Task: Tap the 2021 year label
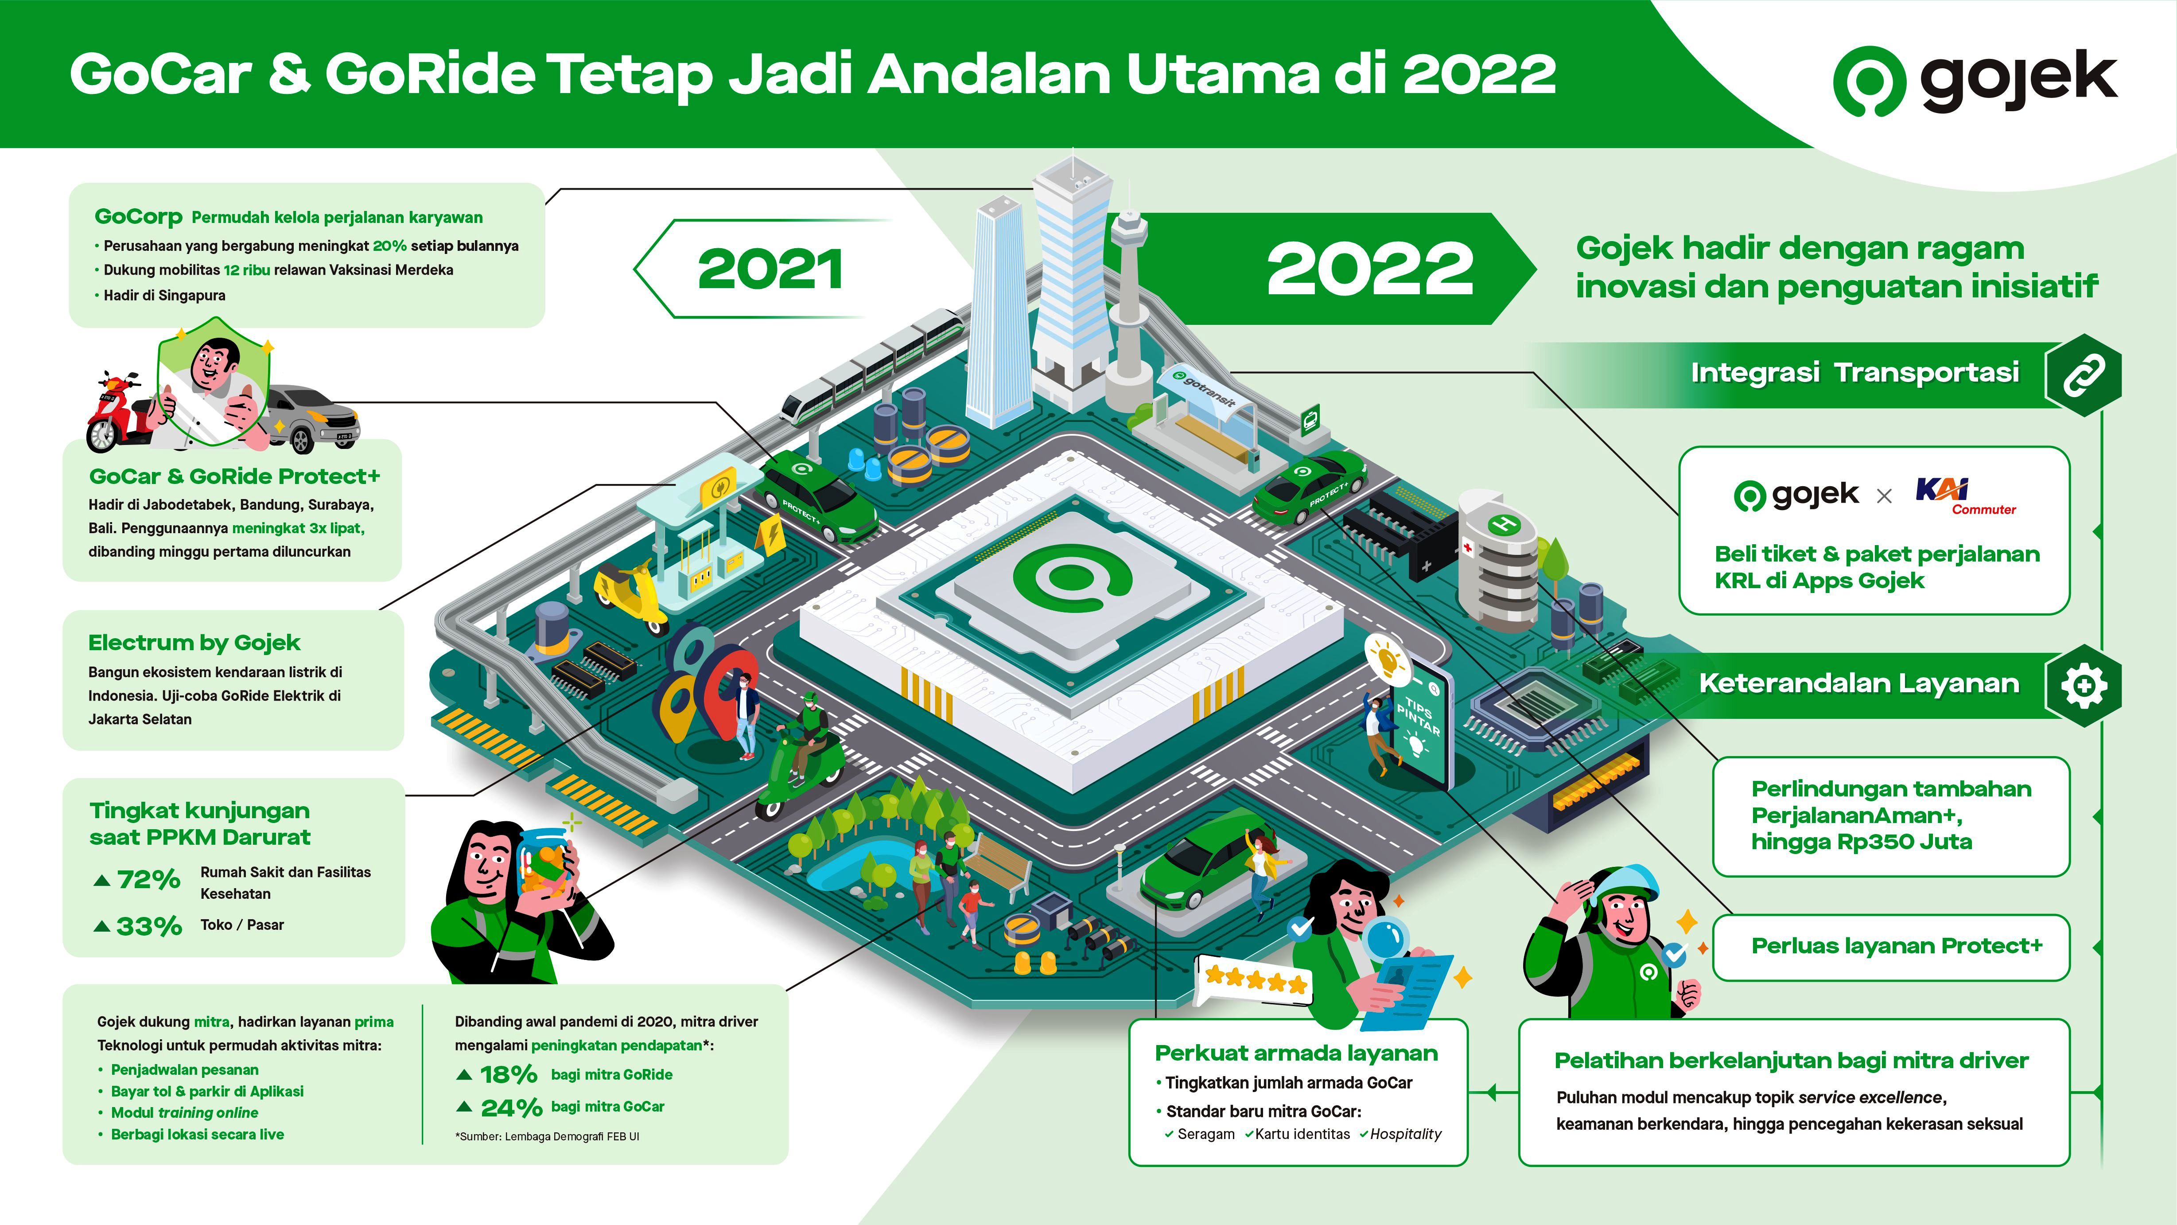click(x=770, y=269)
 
